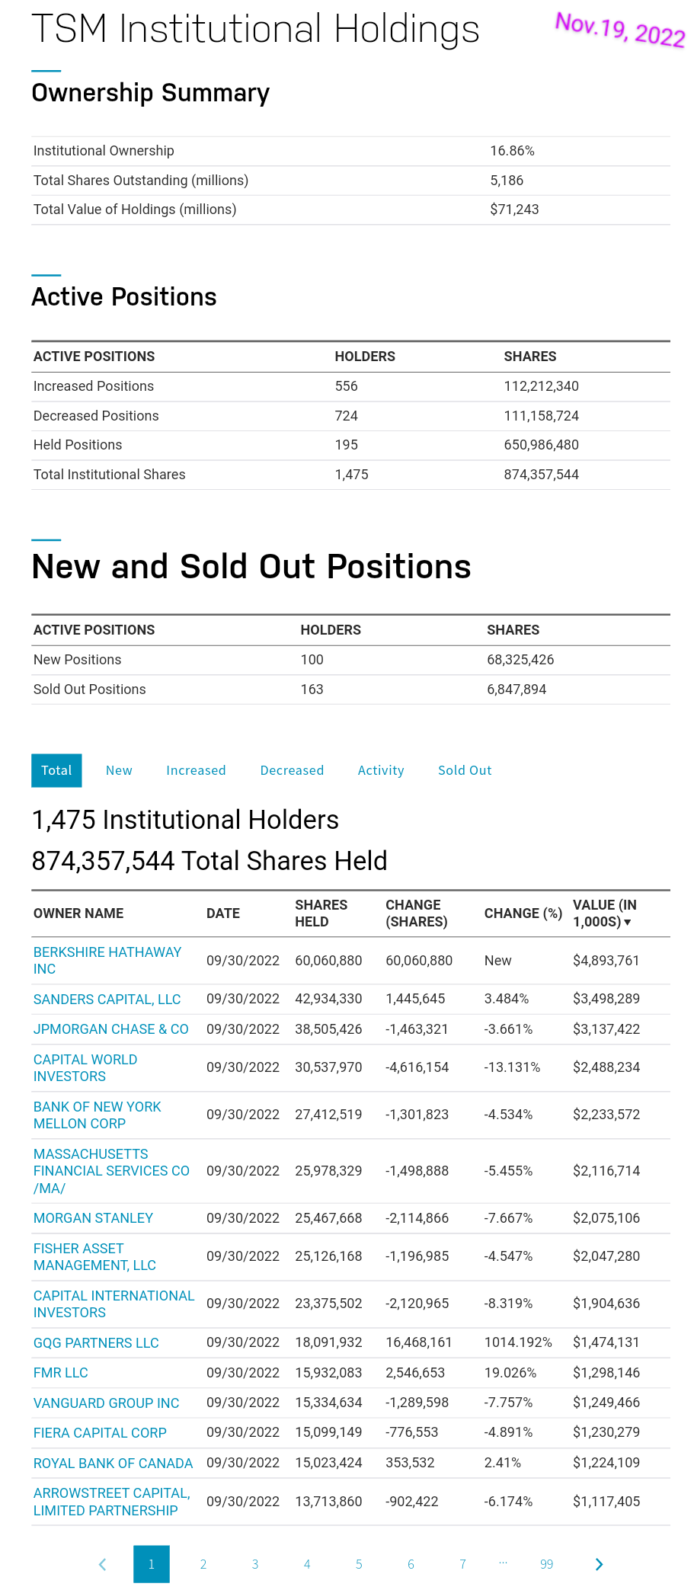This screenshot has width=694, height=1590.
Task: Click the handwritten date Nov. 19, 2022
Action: point(619,30)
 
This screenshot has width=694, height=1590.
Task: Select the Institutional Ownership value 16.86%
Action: point(512,151)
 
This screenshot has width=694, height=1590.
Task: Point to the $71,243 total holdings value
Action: point(514,210)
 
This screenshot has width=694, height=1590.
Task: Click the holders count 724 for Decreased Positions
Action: point(346,416)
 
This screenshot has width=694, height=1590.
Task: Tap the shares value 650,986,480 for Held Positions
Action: point(541,445)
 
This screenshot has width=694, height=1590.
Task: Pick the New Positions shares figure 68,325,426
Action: point(520,660)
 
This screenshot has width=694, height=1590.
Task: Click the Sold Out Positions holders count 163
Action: point(312,689)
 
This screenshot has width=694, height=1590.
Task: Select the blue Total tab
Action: point(56,770)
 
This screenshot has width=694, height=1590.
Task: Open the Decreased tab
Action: point(292,770)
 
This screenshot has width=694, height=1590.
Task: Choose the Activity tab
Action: point(381,770)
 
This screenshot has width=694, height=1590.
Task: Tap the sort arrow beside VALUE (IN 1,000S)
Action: point(628,923)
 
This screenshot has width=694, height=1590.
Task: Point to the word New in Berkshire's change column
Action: point(497,961)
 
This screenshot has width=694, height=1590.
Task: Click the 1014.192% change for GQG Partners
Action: point(518,1342)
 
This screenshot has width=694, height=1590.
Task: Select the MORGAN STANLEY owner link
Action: point(93,1218)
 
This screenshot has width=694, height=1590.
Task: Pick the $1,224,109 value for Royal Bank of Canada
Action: point(606,1463)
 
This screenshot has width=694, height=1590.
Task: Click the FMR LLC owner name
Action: point(61,1373)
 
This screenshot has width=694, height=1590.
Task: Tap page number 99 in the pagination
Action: point(546,1564)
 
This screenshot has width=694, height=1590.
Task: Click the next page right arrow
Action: point(599,1564)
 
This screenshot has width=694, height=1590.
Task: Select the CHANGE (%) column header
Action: point(523,913)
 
